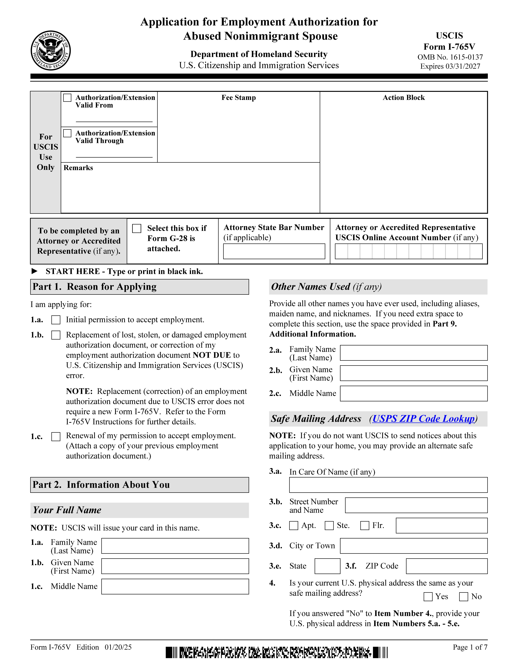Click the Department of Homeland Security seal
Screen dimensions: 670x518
[51, 51]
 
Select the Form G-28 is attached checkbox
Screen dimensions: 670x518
[137, 229]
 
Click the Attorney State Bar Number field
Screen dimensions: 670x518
[274, 251]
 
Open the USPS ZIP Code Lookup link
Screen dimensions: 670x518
[424, 419]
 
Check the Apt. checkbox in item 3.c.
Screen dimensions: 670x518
[294, 525]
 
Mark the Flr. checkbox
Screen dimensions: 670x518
[365, 525]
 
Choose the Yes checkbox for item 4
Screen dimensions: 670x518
[428, 597]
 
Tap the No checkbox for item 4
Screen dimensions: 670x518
[463, 597]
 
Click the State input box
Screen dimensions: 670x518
[327, 566]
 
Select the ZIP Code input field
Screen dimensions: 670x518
[447, 566]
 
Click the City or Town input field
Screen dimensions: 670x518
[414, 546]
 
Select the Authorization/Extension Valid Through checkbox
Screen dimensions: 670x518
[67, 133]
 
